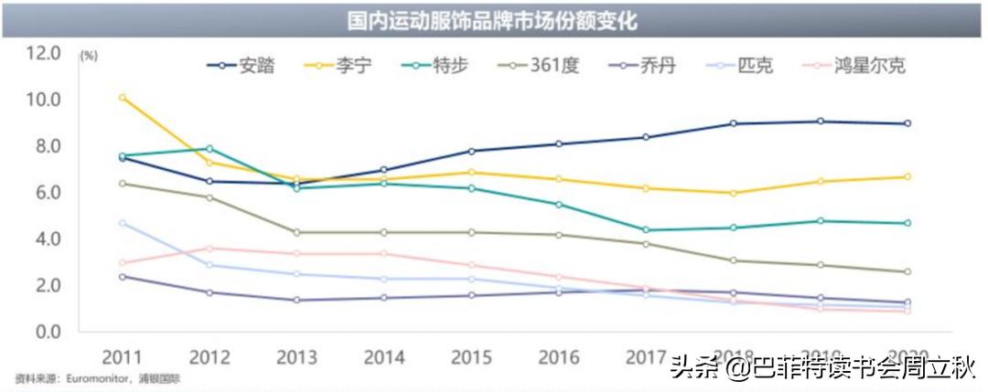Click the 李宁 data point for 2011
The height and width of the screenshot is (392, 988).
point(123,98)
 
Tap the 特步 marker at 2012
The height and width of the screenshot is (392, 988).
point(209,148)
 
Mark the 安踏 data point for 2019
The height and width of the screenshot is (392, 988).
point(821,122)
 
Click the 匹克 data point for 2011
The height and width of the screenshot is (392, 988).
point(123,223)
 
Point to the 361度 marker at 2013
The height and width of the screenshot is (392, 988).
point(297,232)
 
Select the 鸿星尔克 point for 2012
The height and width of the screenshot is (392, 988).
point(209,249)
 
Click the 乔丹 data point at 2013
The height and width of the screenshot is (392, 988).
point(297,300)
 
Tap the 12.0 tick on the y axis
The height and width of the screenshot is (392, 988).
point(43,53)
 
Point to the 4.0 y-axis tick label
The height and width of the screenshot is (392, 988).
point(43,238)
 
